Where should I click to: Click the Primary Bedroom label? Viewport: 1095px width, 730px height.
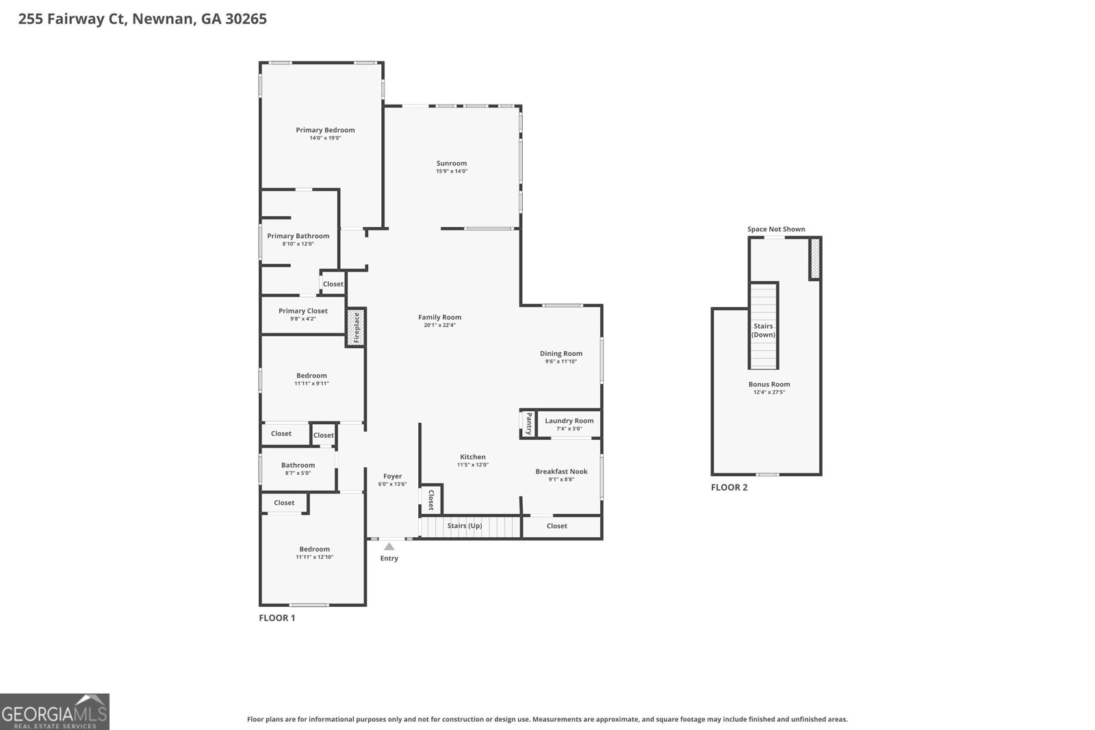pos(325,130)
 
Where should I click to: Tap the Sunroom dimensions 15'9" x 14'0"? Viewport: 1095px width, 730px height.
pos(452,172)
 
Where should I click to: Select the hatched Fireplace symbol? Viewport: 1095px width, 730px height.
pos(356,328)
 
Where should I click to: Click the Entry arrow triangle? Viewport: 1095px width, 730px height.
pos(389,546)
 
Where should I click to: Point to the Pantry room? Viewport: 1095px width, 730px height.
pos(528,423)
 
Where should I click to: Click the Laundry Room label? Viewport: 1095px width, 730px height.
pos(569,421)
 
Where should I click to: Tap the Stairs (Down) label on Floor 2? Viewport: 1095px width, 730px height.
pos(763,330)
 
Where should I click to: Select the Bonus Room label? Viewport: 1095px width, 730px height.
pos(769,384)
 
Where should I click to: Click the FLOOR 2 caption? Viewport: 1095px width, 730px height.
pos(729,488)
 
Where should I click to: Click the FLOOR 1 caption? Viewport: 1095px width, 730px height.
pos(276,618)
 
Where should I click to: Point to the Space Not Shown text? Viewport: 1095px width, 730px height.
pos(776,229)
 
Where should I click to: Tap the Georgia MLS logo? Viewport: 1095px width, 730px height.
pos(54,712)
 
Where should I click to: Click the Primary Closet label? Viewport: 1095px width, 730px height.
pos(302,311)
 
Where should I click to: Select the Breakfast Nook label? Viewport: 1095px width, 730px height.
pos(561,471)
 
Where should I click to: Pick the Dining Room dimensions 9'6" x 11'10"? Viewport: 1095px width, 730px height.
pos(561,361)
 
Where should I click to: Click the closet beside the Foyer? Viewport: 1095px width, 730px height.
pos(431,499)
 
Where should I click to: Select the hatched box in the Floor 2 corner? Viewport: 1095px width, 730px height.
pos(814,259)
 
